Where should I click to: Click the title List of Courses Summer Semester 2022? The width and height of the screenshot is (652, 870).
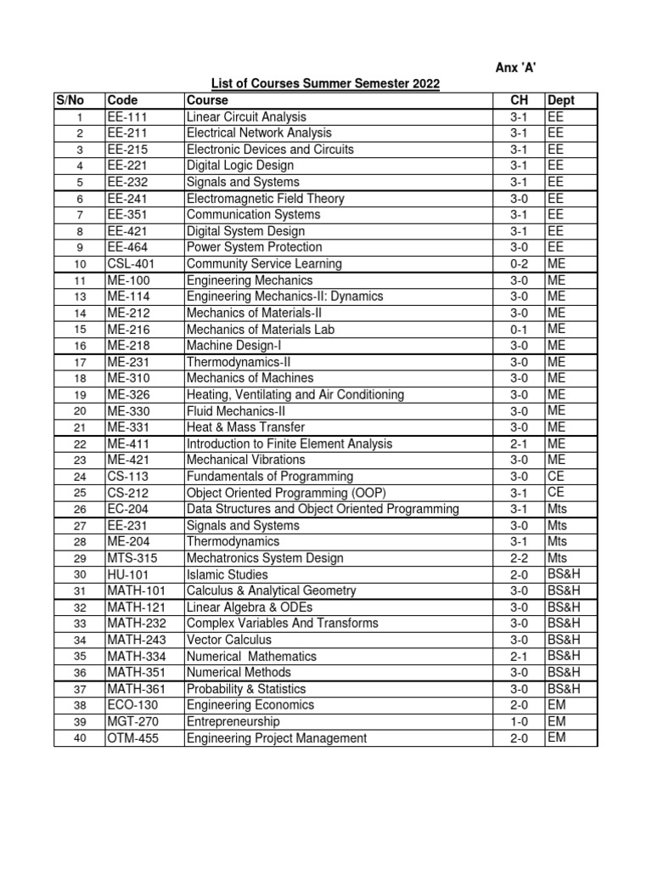325,83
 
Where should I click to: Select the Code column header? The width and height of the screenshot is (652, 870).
122,100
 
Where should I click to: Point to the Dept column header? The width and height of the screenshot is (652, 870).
562,100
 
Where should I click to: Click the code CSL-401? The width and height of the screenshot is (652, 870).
131,263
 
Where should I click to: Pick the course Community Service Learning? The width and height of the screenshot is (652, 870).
264,263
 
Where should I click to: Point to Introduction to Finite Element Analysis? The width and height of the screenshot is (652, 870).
289,443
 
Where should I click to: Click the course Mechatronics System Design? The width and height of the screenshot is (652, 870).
265,558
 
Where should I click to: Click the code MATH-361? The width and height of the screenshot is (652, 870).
136,689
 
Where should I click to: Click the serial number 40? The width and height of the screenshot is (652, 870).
80,738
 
